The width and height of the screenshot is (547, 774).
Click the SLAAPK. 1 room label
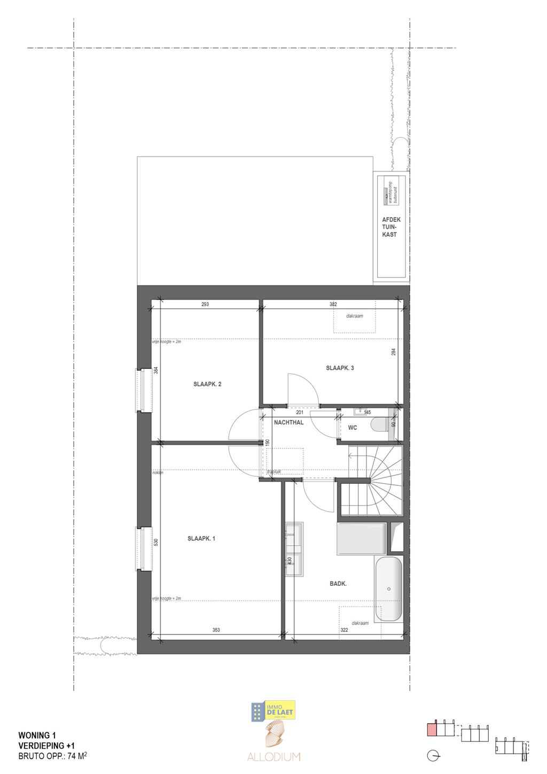(x=201, y=539)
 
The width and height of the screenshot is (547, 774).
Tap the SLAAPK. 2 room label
(x=207, y=384)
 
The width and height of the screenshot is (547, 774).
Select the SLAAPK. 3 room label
(x=340, y=368)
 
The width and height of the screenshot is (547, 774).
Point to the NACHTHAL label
(x=288, y=422)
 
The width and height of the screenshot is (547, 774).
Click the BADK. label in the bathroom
(x=338, y=584)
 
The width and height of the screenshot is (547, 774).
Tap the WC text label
(x=353, y=428)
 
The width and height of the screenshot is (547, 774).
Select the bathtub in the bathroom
(x=388, y=589)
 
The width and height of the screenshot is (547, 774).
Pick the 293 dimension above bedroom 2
(x=205, y=305)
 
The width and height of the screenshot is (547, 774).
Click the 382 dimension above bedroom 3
(x=333, y=305)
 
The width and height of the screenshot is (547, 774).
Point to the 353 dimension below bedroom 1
(x=216, y=630)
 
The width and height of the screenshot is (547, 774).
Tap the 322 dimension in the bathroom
(x=345, y=631)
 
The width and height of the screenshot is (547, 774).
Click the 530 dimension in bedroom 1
(x=156, y=542)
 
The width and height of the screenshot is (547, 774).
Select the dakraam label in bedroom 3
(x=354, y=316)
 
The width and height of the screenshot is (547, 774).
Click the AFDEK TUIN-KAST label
(x=391, y=227)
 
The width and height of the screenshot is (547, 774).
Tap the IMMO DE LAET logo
(x=273, y=710)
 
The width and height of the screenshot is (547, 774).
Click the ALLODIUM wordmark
(x=273, y=757)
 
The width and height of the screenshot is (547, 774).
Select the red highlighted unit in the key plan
(x=432, y=730)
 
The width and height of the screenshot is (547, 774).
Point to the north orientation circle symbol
(x=434, y=756)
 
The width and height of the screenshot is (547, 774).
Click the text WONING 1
(x=37, y=736)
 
